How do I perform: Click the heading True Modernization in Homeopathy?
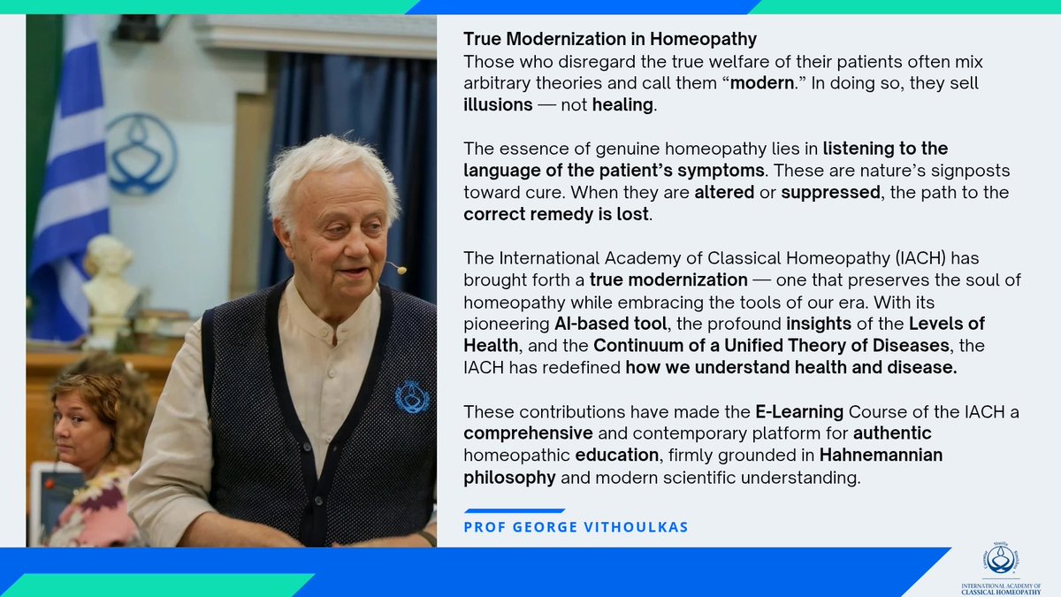pos(610,40)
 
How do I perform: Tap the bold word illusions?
pos(498,104)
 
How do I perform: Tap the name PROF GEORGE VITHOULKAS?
pos(576,527)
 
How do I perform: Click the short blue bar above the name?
pos(514,510)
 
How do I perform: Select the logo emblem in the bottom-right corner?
pos(1001,559)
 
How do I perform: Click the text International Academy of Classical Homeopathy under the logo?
pos(1001,588)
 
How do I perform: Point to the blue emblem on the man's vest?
pos(412,396)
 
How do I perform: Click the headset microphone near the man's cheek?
pos(401,268)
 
